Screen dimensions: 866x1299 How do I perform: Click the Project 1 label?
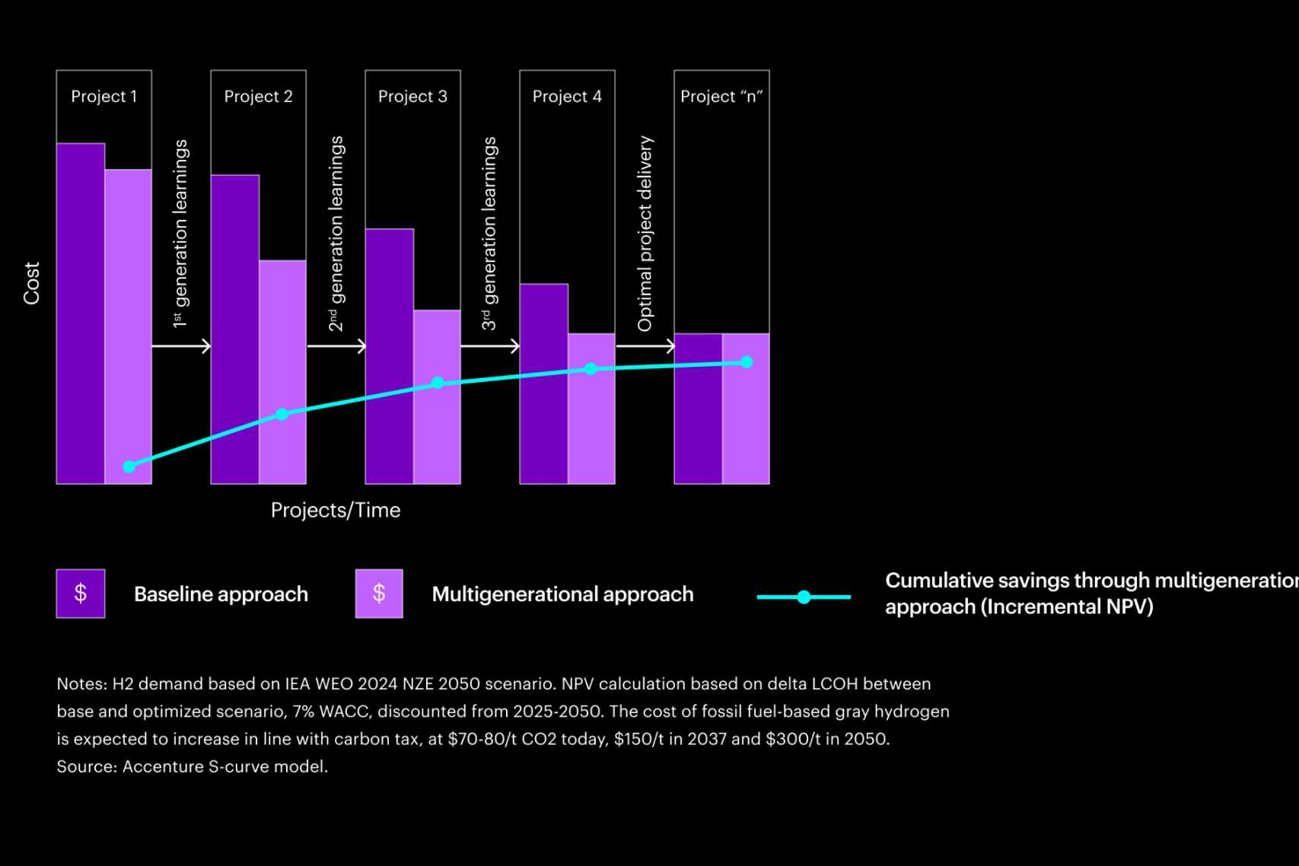point(103,97)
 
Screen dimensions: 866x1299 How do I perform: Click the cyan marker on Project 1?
point(129,466)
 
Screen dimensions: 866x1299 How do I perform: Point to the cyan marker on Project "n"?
point(747,362)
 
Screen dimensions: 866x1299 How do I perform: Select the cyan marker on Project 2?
point(282,414)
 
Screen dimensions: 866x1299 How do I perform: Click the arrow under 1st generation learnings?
point(181,347)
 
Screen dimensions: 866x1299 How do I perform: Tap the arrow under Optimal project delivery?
point(645,347)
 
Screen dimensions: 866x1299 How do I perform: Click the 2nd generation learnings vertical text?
point(336,234)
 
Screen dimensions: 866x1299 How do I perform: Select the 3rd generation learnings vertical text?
point(489,234)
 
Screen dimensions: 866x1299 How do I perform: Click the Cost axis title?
point(31,283)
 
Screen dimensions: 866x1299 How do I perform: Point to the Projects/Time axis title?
point(336,510)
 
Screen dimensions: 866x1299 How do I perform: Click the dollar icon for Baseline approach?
point(81,594)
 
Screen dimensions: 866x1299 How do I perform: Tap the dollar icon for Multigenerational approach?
point(379,594)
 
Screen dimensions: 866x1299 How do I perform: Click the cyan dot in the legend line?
point(804,597)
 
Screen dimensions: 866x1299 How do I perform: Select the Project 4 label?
point(567,97)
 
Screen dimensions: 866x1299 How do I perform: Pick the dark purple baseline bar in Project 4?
point(543,384)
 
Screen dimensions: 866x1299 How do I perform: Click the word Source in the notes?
point(84,766)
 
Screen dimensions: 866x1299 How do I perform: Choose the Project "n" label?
point(721,97)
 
